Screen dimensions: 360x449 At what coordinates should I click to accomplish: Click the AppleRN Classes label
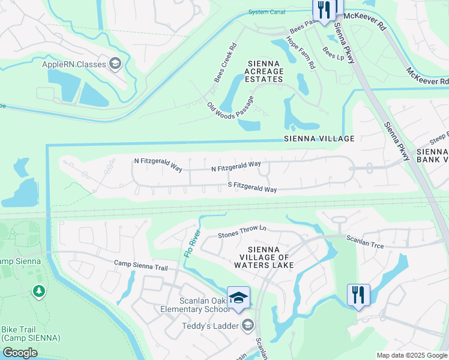[73, 64]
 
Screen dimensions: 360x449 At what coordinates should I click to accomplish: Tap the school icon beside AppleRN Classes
[115, 64]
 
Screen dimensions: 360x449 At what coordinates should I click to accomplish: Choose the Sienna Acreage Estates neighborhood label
[263, 71]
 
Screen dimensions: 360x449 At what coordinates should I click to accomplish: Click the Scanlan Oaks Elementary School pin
[238, 299]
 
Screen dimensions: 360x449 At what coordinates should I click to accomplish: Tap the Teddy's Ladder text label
[209, 326]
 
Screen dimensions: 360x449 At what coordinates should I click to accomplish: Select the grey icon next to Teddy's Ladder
[247, 326]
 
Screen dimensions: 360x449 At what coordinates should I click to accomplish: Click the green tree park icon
[39, 291]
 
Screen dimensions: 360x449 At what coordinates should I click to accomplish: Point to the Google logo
[20, 353]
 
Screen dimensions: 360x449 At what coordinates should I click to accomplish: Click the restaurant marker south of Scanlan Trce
[358, 295]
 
